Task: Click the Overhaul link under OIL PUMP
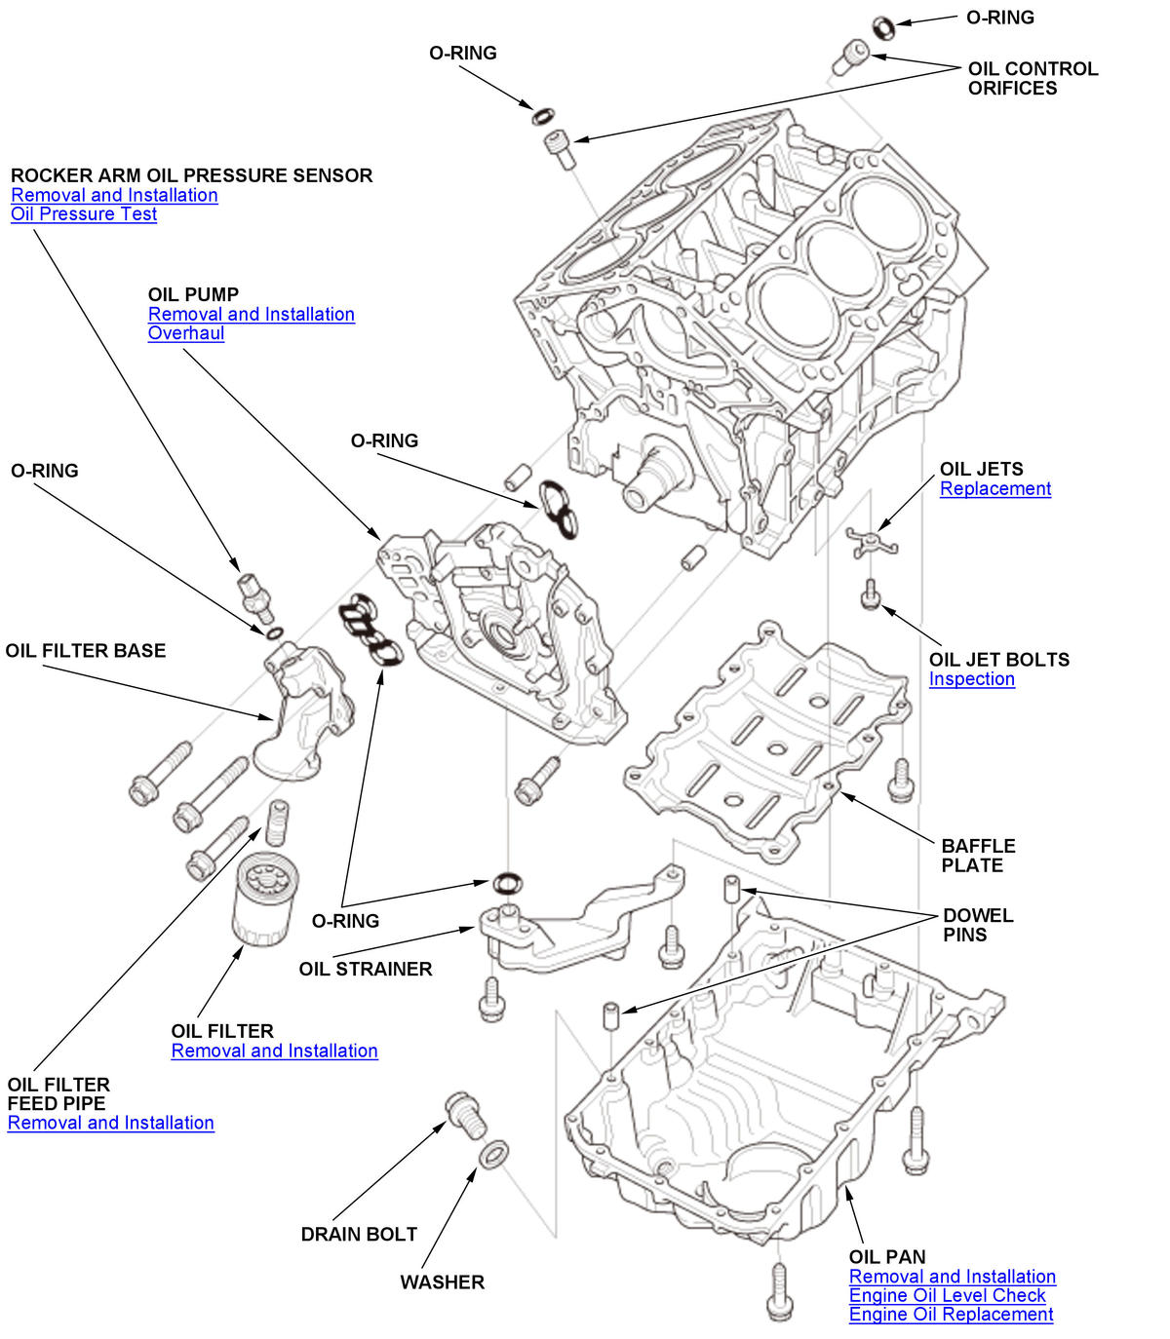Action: [186, 333]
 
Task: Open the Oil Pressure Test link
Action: [84, 214]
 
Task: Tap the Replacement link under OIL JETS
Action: [995, 489]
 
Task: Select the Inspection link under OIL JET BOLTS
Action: [971, 679]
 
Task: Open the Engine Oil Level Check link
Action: [947, 1296]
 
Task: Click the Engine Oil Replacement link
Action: [951, 1315]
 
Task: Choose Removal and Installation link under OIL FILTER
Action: [274, 1052]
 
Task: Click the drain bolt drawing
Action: [465, 1114]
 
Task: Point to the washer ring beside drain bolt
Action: [493, 1155]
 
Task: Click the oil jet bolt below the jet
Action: [871, 593]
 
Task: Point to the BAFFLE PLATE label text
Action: [978, 856]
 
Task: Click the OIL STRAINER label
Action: [366, 970]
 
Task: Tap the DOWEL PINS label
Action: [978, 925]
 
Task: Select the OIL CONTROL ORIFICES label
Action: [1033, 79]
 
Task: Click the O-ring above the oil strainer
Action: [507, 883]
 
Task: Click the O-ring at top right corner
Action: [884, 26]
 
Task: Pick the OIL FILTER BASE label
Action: [86, 651]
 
